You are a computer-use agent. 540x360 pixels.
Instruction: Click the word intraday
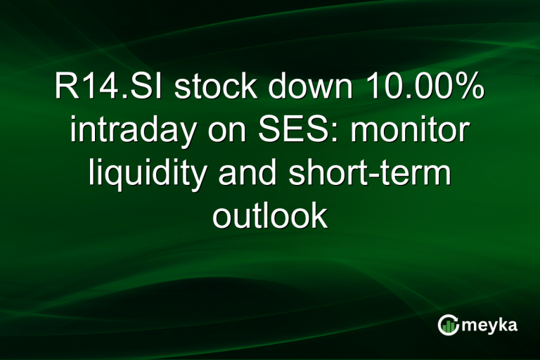point(131,133)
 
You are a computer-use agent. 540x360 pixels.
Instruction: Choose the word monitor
point(411,133)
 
